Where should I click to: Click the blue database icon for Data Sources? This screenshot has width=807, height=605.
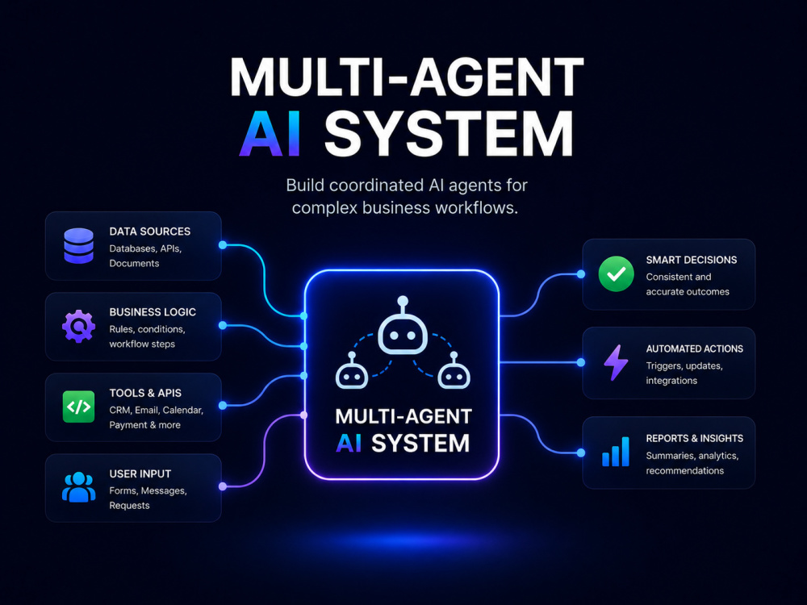point(79,246)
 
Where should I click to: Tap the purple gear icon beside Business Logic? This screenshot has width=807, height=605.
point(79,326)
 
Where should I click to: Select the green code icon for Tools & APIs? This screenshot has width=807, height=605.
point(79,407)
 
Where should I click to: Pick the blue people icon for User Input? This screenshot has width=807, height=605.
point(79,486)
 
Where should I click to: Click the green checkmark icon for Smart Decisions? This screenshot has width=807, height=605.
point(616,274)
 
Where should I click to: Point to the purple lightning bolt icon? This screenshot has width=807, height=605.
point(616,363)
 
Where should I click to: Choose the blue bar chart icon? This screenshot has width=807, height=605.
point(616,452)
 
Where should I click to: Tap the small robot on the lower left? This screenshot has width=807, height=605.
point(352,376)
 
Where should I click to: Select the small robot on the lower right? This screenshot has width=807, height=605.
point(454,376)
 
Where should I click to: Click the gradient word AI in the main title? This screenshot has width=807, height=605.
point(270,133)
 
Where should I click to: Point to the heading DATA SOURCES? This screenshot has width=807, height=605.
point(150,232)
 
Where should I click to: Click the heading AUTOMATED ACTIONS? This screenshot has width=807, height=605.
point(695,348)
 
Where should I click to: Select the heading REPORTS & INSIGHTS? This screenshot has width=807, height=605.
point(695,438)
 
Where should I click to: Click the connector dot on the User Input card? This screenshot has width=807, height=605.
point(223,486)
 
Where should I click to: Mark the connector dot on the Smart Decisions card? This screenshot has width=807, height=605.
point(581,274)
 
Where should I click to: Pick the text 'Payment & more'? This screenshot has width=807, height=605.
point(144,425)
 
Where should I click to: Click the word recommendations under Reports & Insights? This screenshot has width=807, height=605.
point(685,471)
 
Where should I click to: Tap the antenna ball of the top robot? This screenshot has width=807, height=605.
point(403,301)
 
